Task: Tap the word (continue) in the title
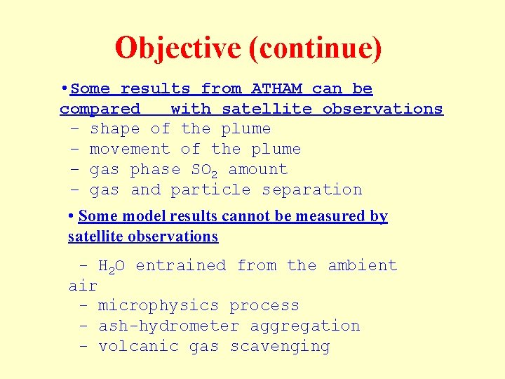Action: [x=316, y=48]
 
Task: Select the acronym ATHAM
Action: [x=276, y=89]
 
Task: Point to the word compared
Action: [x=100, y=109]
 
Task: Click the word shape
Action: [x=114, y=129]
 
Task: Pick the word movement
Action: [x=130, y=149]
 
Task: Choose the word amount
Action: [x=258, y=170]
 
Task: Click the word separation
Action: [x=312, y=190]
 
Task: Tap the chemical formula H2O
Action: [x=111, y=266]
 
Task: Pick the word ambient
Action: [x=363, y=266]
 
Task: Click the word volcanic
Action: [x=139, y=347]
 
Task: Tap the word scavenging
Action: [x=280, y=347]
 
